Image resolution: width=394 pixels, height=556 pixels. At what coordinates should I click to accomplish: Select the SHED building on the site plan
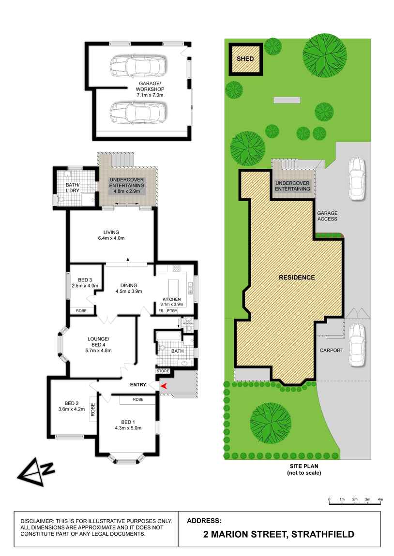coord(245,59)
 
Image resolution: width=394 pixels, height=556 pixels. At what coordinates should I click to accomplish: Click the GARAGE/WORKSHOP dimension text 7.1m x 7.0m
coord(150,95)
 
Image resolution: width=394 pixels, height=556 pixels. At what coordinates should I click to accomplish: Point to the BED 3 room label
coord(85,280)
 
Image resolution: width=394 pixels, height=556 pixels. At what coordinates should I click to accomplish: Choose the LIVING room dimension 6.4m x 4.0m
coord(111,238)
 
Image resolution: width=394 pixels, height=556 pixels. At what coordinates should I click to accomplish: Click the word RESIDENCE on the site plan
coord(297,278)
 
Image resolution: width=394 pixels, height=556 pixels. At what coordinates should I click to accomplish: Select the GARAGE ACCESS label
coord(327,216)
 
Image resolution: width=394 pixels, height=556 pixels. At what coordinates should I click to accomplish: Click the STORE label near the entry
coord(163,371)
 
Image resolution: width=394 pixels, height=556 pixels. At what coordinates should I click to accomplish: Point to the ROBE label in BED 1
coord(138,400)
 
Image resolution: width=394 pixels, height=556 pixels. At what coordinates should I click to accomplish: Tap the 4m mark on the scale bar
coord(380,499)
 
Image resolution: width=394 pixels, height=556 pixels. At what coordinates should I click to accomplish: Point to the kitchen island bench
coord(175,289)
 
